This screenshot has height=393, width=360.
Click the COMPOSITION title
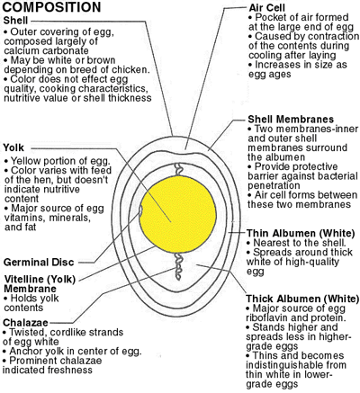tap(51, 7)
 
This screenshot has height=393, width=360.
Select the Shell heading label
tap(15, 21)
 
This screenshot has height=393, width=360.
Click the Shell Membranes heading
tap(291, 119)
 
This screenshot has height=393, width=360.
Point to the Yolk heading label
tap(13, 147)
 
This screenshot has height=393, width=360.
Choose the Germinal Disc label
tap(39, 262)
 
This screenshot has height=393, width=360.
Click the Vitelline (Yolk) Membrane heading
tap(40, 283)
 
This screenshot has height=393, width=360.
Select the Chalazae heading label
tap(25, 323)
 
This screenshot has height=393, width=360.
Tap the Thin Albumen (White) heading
tap(301, 233)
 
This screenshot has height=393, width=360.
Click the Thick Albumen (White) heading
tap(302, 299)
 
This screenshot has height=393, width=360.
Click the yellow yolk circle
tap(177, 214)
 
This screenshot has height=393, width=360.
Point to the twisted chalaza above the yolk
tap(179, 169)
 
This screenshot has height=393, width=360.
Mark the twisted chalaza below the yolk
tap(179, 266)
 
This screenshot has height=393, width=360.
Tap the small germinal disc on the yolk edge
tap(140, 210)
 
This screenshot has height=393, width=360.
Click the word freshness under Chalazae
tap(71, 370)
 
